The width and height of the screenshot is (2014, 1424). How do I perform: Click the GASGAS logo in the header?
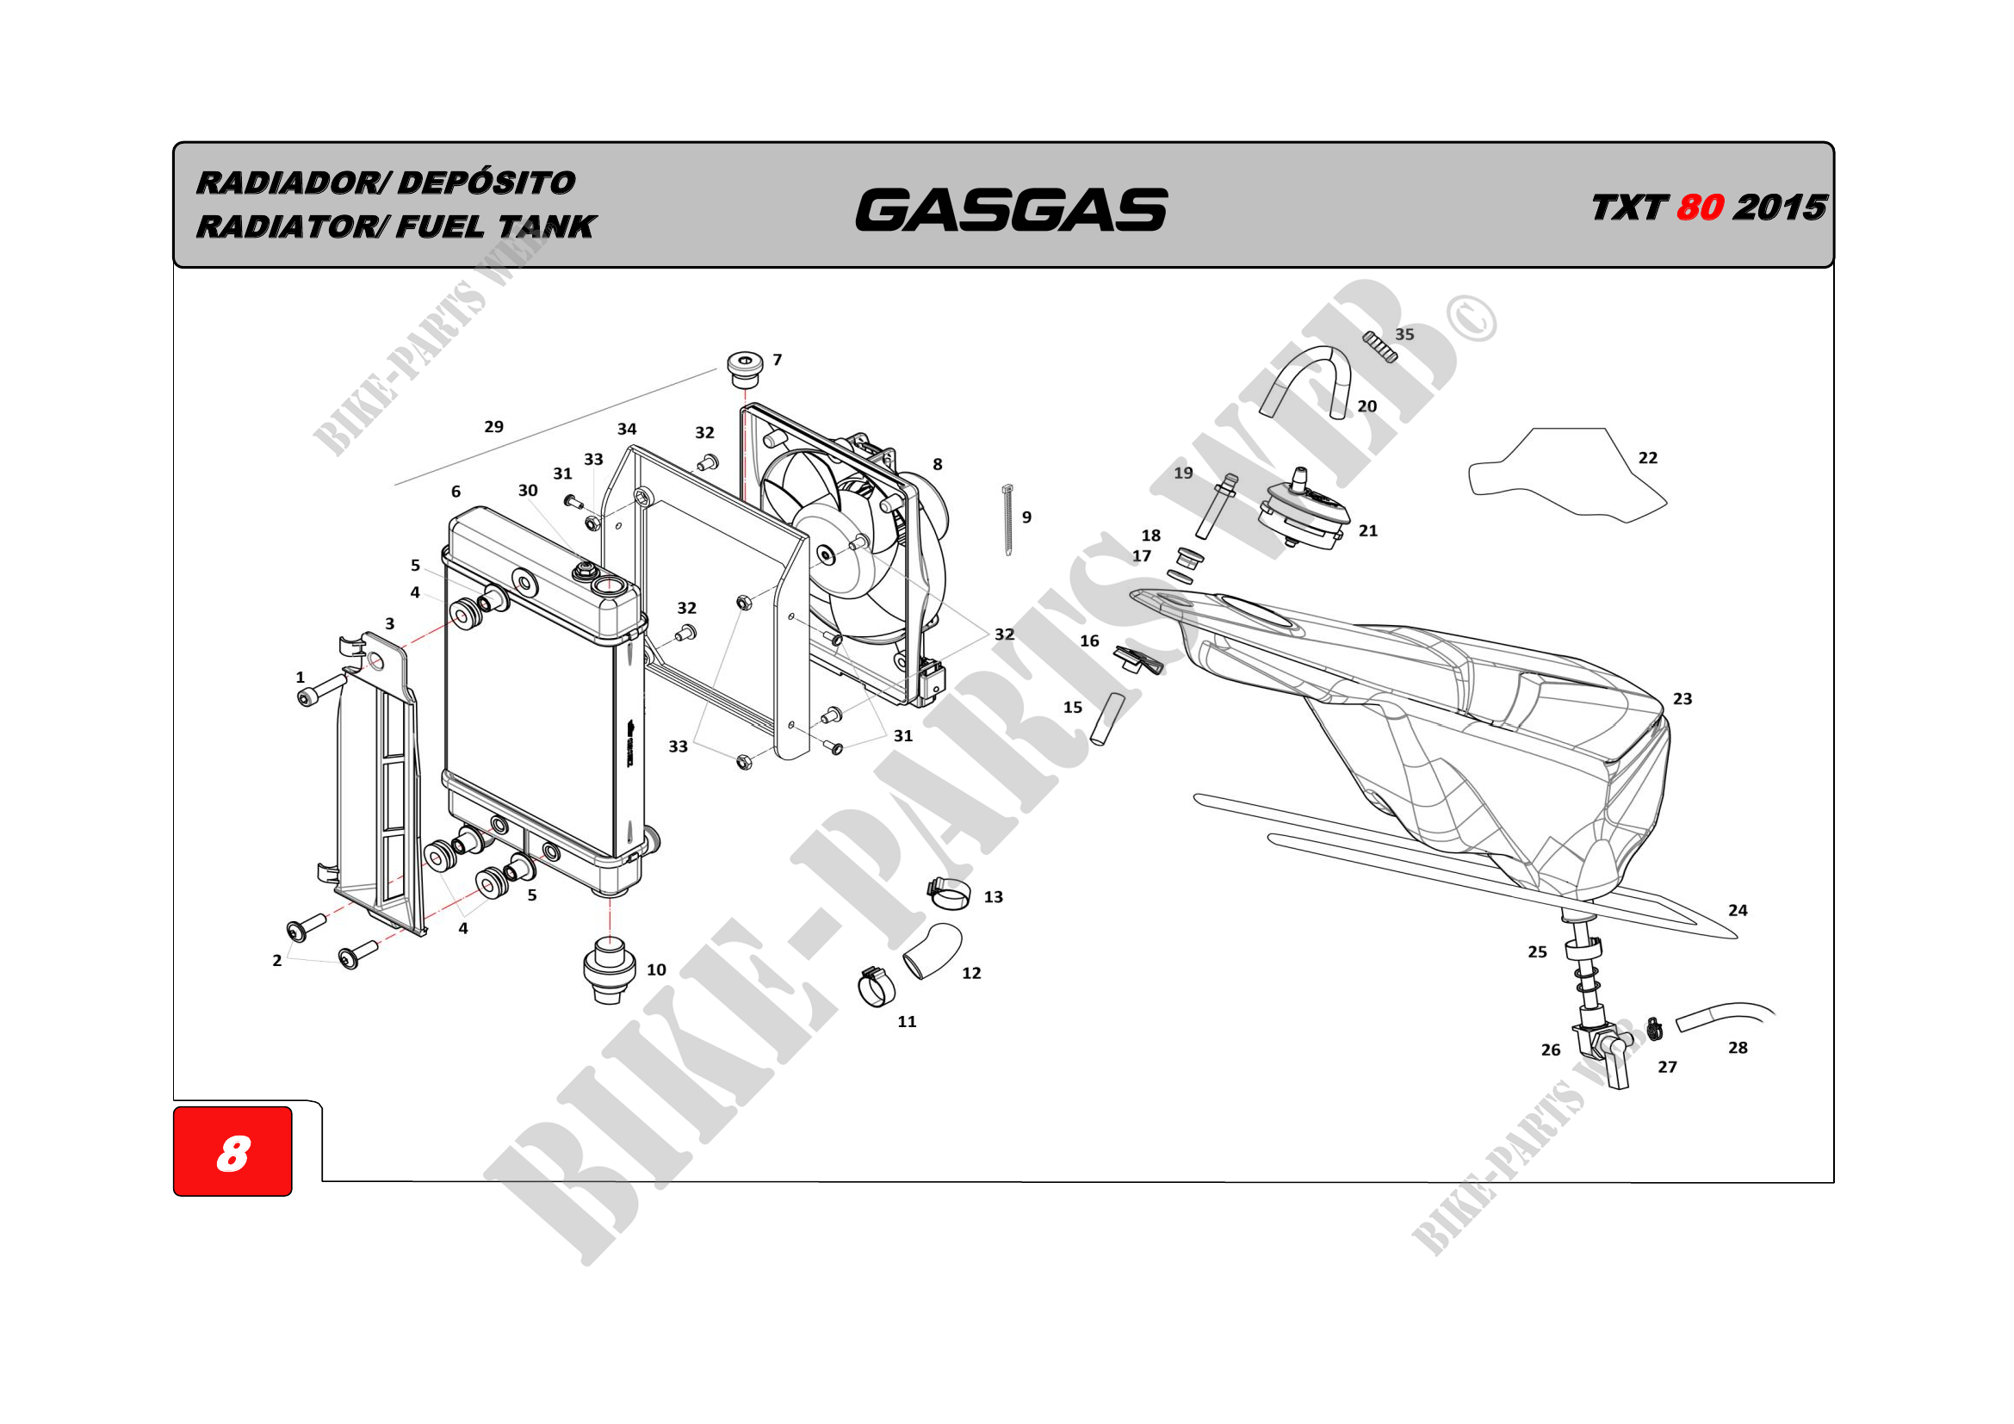click(1011, 210)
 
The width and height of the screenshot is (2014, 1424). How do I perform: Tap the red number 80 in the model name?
click(1700, 207)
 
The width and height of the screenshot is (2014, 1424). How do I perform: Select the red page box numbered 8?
click(232, 1151)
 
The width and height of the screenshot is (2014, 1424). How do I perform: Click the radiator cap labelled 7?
click(745, 370)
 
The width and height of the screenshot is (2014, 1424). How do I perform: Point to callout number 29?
click(494, 427)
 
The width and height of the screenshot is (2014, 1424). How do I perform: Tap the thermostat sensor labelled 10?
click(609, 969)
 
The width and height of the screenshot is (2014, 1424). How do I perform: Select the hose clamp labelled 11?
click(877, 988)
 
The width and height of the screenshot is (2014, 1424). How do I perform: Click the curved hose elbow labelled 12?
click(933, 950)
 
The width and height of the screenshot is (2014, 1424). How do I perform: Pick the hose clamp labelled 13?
click(949, 893)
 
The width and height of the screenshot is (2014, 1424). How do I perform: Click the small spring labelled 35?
click(1379, 346)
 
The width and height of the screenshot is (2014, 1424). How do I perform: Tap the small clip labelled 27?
click(1654, 1030)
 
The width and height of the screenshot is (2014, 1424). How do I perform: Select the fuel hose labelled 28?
click(1723, 1013)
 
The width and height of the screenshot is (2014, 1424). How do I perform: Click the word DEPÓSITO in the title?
click(486, 183)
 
